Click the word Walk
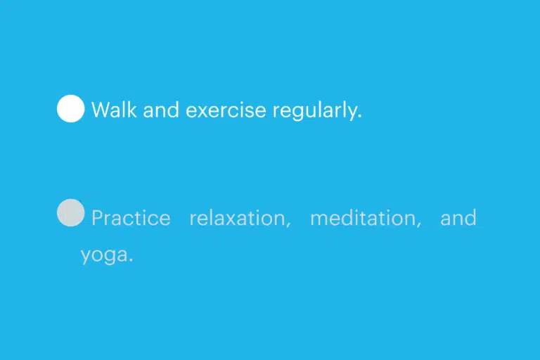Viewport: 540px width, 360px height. click(114, 110)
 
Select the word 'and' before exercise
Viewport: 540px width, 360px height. click(161, 110)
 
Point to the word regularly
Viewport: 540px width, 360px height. click(316, 111)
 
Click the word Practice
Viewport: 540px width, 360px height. click(131, 218)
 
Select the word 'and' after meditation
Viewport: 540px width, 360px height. click(458, 218)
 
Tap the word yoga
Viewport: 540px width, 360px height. click(104, 256)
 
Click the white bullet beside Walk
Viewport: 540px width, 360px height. click(70, 108)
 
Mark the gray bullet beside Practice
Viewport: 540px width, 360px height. click(70, 212)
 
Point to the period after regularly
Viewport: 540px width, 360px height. click(360, 117)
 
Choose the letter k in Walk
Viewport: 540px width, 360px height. click(132, 110)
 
